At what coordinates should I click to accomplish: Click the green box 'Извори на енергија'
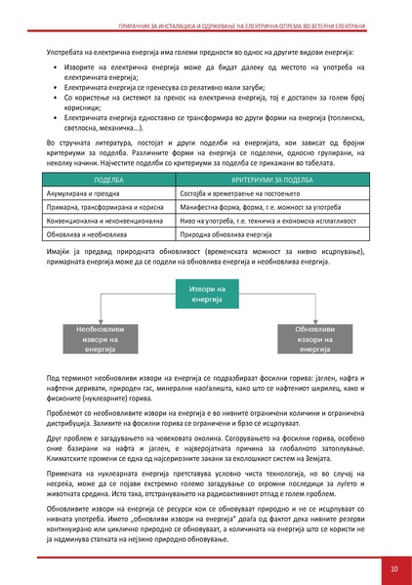[x=206, y=292]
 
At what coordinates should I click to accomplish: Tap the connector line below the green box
[x=206, y=311]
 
